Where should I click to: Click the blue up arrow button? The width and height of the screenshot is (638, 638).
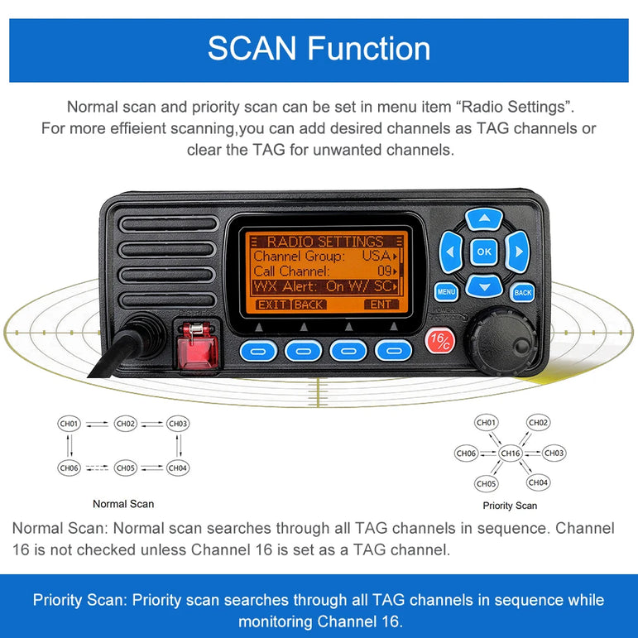click(x=484, y=219)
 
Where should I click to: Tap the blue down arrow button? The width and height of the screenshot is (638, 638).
click(x=484, y=286)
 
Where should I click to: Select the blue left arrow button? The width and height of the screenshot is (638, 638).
click(x=450, y=252)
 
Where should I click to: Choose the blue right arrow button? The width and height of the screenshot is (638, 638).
click(x=517, y=252)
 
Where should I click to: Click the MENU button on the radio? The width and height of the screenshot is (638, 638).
click(x=446, y=292)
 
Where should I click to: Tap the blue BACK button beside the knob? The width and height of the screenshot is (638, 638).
click(x=522, y=292)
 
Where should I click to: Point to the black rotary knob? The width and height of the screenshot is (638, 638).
click(x=501, y=341)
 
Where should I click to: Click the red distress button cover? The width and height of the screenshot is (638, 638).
click(x=197, y=345)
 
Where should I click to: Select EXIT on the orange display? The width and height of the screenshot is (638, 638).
click(x=271, y=305)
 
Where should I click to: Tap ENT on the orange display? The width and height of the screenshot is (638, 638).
click(x=381, y=305)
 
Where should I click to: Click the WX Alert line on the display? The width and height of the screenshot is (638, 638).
click(x=324, y=286)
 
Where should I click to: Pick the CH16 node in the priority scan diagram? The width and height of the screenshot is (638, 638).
click(x=511, y=453)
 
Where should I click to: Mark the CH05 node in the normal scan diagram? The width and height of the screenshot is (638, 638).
click(x=125, y=468)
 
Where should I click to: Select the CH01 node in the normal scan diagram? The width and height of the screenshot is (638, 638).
click(x=70, y=424)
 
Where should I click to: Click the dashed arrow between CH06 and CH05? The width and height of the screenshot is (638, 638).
click(x=97, y=468)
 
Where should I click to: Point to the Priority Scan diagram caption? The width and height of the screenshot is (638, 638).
click(x=510, y=506)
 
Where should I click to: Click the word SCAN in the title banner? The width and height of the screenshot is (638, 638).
click(x=252, y=49)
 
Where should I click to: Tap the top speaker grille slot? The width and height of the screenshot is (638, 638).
click(x=169, y=224)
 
